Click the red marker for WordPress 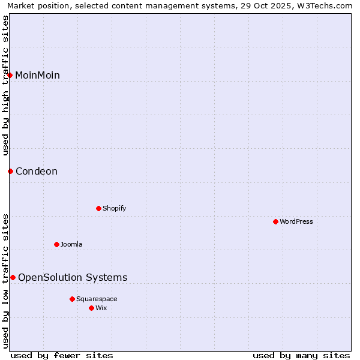coord(275,221)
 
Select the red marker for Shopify coord(98,208)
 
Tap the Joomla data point coord(56,244)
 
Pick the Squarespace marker coord(72,299)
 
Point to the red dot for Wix coord(91,308)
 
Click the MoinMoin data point coord(10,75)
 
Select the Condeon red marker coord(10,171)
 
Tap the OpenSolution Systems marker coord(13,277)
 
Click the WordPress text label coord(296,221)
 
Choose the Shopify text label coord(114,208)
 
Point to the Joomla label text coord(71,244)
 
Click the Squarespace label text coord(97,299)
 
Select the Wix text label coord(101,308)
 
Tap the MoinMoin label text coord(37,75)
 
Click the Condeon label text coord(37,171)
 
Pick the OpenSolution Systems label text coord(73,277)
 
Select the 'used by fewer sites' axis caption coord(62,355)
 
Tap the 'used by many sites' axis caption coord(301,355)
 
